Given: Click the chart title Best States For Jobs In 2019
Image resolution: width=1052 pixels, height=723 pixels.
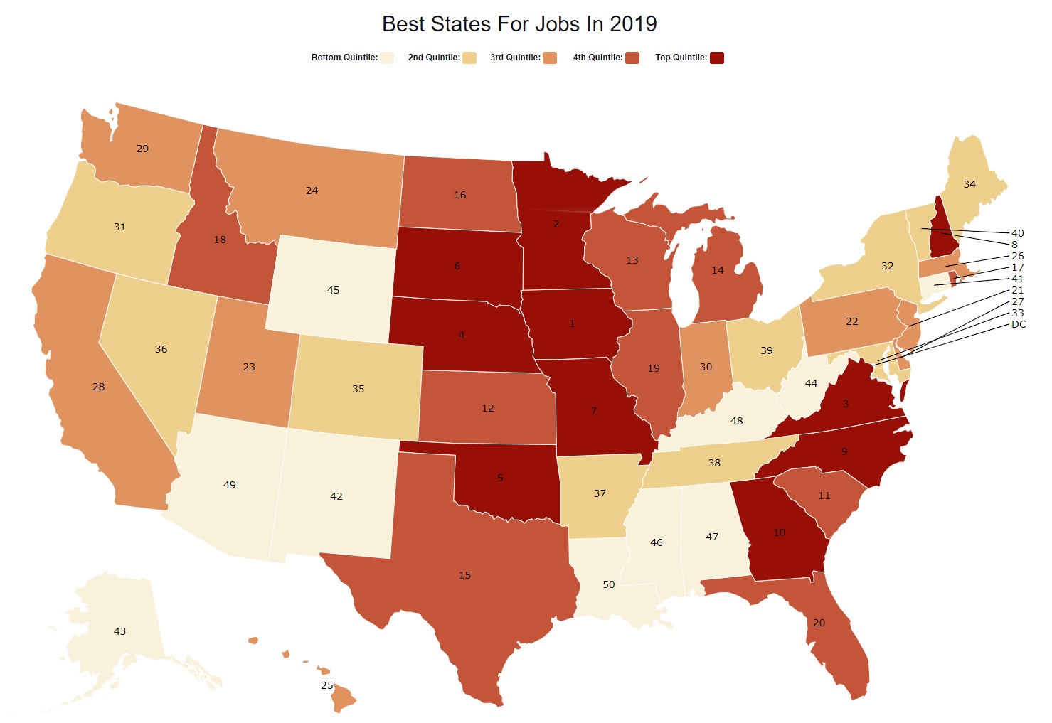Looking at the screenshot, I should [x=519, y=24].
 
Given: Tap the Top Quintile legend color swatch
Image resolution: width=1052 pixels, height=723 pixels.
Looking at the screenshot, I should [x=717, y=58].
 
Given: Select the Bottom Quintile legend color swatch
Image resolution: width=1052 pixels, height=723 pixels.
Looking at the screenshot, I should [x=387, y=58].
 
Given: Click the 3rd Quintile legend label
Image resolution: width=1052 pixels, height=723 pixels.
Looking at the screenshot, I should [x=515, y=58].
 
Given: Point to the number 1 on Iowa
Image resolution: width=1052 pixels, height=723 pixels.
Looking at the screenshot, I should [x=572, y=323].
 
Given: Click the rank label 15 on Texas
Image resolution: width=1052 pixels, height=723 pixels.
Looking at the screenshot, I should [x=464, y=575].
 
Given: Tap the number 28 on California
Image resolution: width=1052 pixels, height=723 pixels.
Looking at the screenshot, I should [x=98, y=387].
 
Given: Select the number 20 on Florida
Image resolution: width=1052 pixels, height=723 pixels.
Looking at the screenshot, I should [x=819, y=623].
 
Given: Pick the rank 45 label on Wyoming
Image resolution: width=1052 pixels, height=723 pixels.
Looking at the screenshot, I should [x=333, y=290].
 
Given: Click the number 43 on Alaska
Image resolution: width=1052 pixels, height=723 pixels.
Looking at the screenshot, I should [x=119, y=631].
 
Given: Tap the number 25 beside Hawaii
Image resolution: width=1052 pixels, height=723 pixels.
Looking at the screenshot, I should [x=326, y=685].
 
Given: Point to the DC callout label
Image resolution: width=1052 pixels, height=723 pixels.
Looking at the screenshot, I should [x=1019, y=324].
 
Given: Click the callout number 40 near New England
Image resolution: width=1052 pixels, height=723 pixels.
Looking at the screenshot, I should [x=1017, y=233].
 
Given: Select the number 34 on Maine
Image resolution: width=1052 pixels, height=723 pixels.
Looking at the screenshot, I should [x=969, y=184].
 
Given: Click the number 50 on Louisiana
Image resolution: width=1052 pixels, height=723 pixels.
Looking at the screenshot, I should [x=608, y=584].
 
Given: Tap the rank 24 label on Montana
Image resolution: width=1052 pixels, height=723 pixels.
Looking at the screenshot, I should [x=312, y=191].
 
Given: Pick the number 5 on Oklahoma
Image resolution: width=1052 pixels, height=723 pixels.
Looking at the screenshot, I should [x=500, y=478].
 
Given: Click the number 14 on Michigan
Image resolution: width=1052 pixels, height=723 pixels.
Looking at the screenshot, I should [x=718, y=270].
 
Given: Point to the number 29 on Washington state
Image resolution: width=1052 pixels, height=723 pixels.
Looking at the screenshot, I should [x=142, y=149].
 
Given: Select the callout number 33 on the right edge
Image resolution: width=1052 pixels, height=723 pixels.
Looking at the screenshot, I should [x=1017, y=313].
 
